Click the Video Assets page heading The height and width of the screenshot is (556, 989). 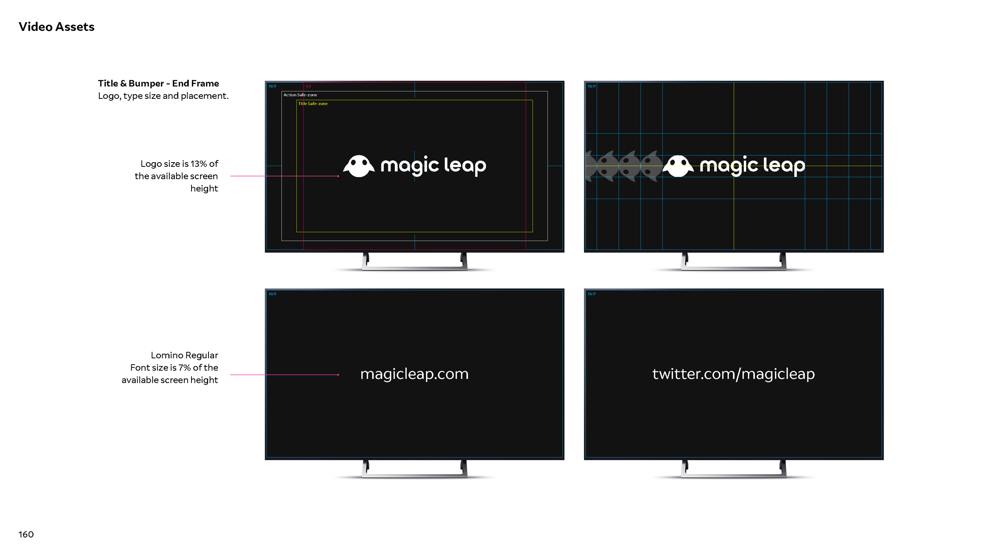[x=57, y=27]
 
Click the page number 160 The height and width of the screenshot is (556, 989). [x=26, y=535]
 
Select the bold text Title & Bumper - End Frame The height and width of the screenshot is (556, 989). [x=158, y=83]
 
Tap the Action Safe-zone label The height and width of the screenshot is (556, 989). [x=300, y=95]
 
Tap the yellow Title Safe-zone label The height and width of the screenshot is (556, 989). [x=313, y=104]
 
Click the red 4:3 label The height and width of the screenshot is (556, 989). [x=308, y=86]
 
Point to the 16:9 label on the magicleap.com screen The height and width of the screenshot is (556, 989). [x=272, y=294]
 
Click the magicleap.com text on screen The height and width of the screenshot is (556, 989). [x=414, y=374]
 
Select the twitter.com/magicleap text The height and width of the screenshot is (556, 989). [x=733, y=374]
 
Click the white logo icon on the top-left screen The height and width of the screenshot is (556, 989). [x=359, y=166]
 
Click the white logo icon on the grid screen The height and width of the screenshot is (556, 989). [x=678, y=166]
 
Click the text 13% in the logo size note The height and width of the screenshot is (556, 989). [x=199, y=164]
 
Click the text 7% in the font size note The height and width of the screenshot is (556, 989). [x=184, y=368]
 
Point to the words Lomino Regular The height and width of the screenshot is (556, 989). [x=184, y=355]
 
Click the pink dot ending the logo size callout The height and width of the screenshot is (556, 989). [x=338, y=176]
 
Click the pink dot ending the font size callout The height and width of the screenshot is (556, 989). [x=338, y=375]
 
